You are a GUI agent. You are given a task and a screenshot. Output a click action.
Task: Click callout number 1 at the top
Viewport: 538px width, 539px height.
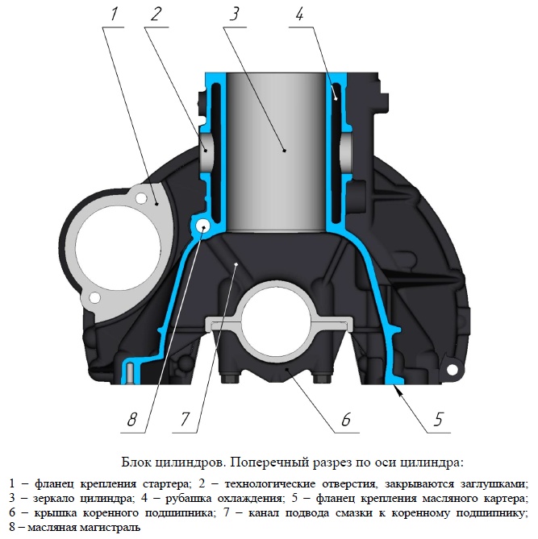click(115, 14)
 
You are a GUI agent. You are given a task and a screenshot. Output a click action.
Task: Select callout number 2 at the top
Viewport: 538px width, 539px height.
click(156, 14)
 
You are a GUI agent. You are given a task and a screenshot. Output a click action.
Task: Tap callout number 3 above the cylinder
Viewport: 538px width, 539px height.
click(234, 14)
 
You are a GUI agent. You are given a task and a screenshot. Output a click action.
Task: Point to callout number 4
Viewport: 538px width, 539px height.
click(299, 14)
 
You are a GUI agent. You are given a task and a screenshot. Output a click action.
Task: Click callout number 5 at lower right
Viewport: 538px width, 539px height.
click(438, 419)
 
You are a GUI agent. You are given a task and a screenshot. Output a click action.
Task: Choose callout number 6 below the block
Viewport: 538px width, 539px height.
click(346, 419)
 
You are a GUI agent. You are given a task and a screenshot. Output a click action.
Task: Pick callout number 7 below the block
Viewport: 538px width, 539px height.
click(186, 419)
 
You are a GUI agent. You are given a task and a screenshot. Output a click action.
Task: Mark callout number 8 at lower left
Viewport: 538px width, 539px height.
click(132, 419)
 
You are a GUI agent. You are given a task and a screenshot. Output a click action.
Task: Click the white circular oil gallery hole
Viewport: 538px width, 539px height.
click(202, 226)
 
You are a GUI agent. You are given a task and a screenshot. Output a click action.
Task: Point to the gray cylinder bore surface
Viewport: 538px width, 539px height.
click(276, 151)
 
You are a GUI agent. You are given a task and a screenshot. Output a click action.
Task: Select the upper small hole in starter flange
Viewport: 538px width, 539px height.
click(141, 198)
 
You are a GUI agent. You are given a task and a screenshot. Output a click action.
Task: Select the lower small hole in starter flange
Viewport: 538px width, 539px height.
click(94, 297)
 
